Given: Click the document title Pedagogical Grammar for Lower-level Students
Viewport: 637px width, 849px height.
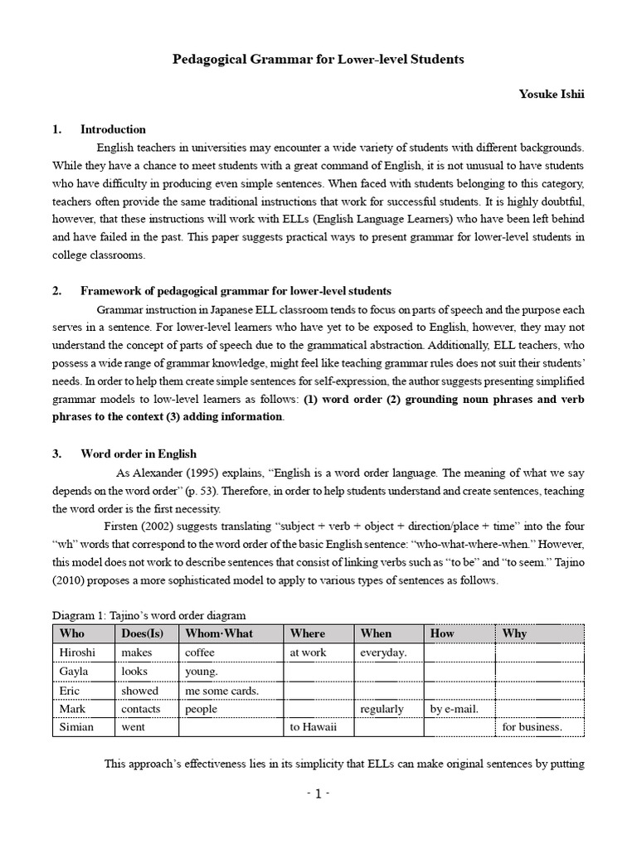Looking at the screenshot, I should tap(318, 60).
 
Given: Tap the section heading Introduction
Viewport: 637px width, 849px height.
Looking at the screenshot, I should tap(113, 129).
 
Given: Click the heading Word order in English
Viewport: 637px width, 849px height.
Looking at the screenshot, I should tap(138, 454).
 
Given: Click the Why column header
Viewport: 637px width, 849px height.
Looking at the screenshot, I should tap(514, 633).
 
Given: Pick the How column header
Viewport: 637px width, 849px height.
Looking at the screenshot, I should tap(442, 633).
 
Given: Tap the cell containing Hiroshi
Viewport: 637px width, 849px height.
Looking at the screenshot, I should tap(77, 653).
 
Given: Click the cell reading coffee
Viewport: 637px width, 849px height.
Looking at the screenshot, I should tap(201, 653).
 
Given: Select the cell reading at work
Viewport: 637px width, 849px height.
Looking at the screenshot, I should tap(308, 653).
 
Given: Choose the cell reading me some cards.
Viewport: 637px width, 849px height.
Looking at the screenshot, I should tap(221, 691).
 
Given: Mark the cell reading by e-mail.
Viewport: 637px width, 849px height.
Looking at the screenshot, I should tap(455, 709).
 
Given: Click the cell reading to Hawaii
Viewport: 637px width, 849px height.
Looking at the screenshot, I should tap(309, 728).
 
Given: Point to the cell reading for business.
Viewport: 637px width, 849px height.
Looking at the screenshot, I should tap(532, 728).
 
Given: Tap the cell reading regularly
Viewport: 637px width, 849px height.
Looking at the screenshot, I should tap(382, 709).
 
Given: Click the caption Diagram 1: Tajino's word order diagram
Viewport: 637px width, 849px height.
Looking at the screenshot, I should tap(149, 614).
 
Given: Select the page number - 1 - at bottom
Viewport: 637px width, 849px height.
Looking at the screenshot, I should tap(318, 793).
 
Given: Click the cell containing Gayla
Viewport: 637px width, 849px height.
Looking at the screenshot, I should tap(74, 672).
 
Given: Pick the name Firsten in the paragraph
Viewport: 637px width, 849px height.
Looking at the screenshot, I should tap(123, 526).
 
